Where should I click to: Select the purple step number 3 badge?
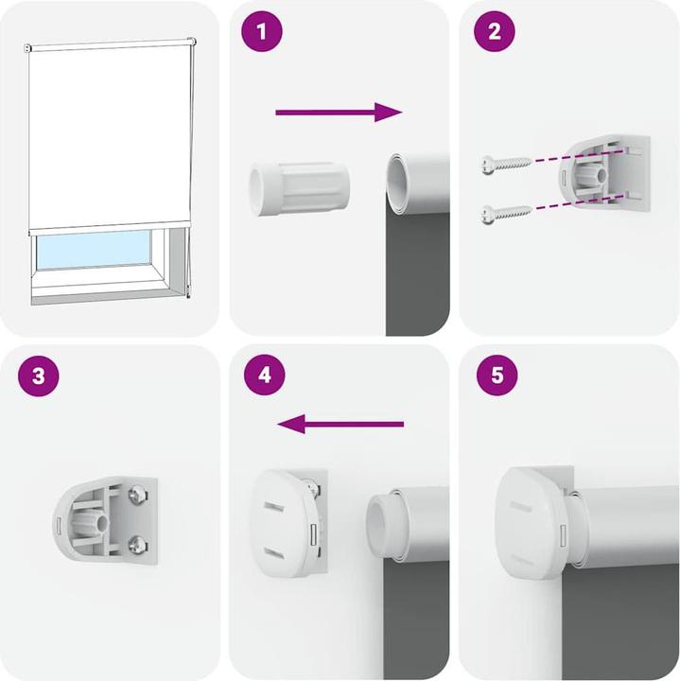pos(38,375)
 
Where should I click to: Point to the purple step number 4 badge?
pos(264,375)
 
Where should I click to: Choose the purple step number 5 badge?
pos(495,375)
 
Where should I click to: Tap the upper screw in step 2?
pos(504,164)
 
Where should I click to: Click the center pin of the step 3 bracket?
pos(99,520)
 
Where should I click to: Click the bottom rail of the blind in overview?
pos(109,229)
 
